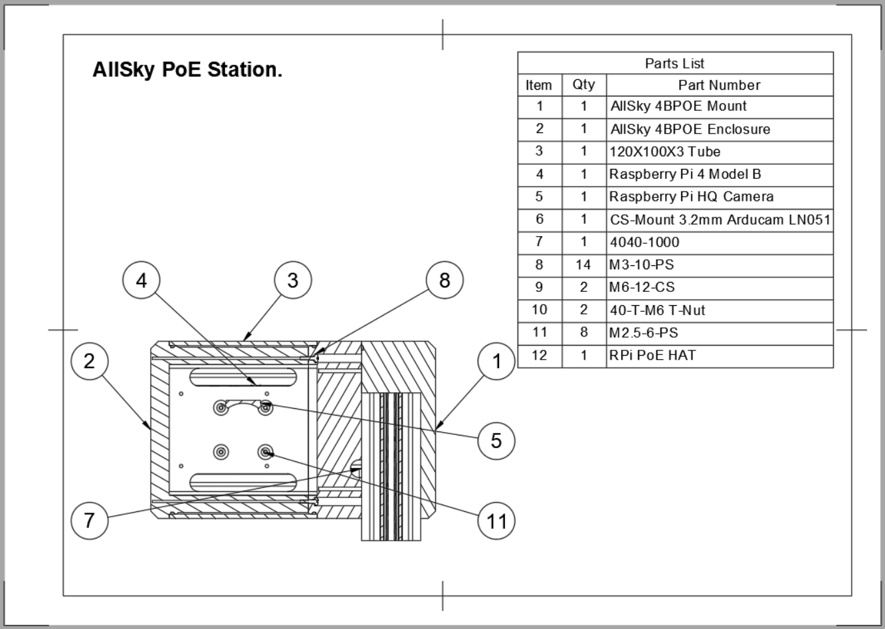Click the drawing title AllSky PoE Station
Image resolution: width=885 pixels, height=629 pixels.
click(187, 70)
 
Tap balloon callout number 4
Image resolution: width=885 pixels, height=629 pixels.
click(142, 281)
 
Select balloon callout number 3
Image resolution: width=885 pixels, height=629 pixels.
click(293, 281)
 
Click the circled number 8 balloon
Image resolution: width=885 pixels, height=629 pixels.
click(444, 281)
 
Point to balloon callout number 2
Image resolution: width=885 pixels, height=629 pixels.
click(89, 361)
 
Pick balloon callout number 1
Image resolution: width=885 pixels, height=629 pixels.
click(496, 361)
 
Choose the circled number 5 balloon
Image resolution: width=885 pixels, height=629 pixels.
click(496, 440)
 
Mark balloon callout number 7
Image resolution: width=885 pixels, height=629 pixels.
click(89, 519)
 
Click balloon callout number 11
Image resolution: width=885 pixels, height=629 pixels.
click(496, 521)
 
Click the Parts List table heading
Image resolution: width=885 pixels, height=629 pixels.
click(674, 64)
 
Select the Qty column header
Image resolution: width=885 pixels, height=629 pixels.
click(583, 84)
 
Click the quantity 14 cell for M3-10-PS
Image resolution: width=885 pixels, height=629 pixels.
click(583, 265)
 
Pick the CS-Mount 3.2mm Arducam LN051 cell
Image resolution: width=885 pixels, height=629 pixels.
click(720, 219)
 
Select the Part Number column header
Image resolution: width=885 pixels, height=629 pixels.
click(719, 84)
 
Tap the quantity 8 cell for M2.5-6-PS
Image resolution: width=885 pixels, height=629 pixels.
click(583, 332)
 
